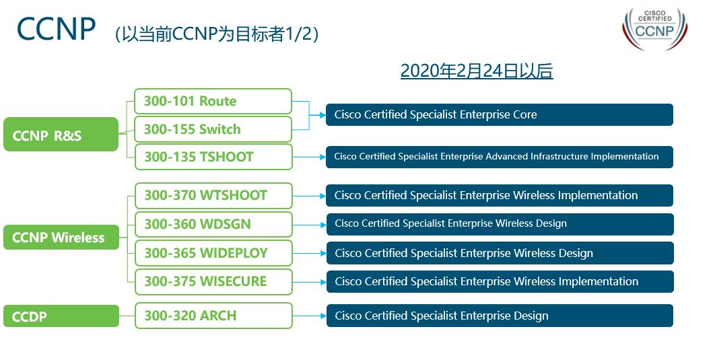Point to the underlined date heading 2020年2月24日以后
[476, 71]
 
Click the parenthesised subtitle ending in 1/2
[216, 34]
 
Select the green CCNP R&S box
[61, 135]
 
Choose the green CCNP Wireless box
[61, 237]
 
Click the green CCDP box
[61, 316]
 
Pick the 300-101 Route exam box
[213, 102]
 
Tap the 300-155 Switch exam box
[213, 129]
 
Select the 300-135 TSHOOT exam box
[213, 157]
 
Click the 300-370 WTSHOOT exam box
[213, 195]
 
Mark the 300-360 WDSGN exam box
[213, 224]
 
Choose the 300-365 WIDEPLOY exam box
[213, 253]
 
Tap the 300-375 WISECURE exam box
[213, 281]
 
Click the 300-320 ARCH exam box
[213, 316]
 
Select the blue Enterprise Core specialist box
[499, 114]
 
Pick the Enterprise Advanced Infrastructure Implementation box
[499, 157]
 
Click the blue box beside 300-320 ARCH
[499, 316]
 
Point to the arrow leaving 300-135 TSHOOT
[309, 157]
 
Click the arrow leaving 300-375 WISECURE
[309, 281]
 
